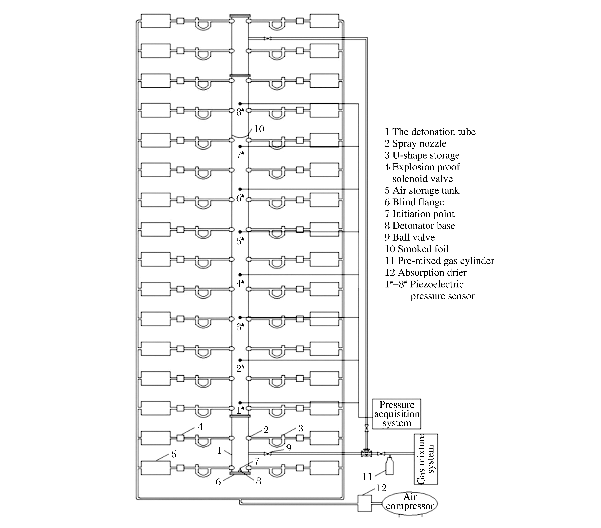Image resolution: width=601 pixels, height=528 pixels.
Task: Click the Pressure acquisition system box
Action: pyautogui.click(x=396, y=414)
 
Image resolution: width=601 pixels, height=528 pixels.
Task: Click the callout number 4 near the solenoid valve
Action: pyautogui.click(x=200, y=427)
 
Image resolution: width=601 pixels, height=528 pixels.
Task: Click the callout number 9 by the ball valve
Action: pyautogui.click(x=289, y=447)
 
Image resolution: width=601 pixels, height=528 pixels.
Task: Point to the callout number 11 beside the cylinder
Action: pyautogui.click(x=367, y=477)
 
